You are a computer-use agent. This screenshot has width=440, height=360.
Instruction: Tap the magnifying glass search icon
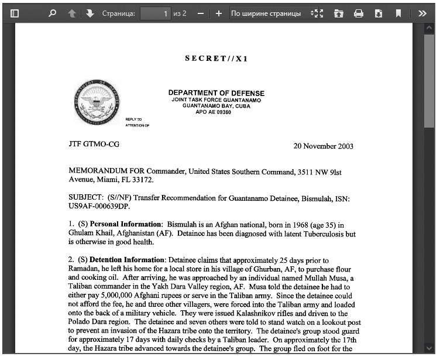pyautogui.click(x=52, y=13)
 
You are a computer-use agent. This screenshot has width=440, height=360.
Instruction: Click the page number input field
pyautogui.click(x=155, y=13)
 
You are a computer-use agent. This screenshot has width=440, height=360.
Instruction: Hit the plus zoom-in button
pyautogui.click(x=218, y=13)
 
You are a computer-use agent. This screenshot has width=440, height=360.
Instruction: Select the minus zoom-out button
pyautogui.click(x=201, y=13)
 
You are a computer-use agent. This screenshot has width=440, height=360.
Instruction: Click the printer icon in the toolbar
pyautogui.click(x=359, y=13)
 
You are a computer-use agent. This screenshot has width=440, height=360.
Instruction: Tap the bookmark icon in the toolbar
pyautogui.click(x=398, y=13)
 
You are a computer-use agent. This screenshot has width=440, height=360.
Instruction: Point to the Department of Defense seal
pyautogui.click(x=97, y=104)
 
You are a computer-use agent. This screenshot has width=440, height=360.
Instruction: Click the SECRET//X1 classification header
pyautogui.click(x=216, y=59)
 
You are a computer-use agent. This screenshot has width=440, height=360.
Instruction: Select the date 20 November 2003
pyautogui.click(x=323, y=146)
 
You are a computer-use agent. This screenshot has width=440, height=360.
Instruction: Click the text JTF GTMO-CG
pyautogui.click(x=94, y=144)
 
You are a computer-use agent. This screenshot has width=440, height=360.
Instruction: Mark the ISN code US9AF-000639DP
pyautogui.click(x=99, y=207)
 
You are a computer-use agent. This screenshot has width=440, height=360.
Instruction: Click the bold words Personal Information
pyautogui.click(x=126, y=225)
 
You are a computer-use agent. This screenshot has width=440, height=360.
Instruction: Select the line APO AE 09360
pyautogui.click(x=214, y=112)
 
